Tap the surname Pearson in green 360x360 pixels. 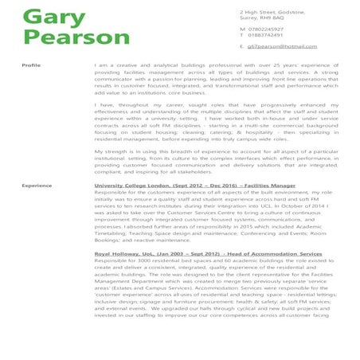tap(65, 39)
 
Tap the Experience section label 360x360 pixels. tap(37, 185)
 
